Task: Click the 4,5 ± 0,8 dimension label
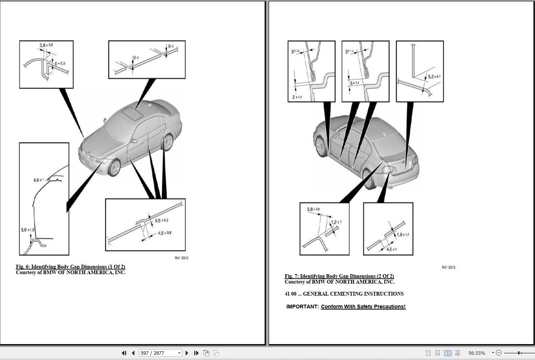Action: (x=165, y=233)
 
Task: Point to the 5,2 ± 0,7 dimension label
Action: (x=434, y=77)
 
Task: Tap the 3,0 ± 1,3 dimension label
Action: (x=27, y=230)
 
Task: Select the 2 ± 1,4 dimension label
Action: (x=297, y=97)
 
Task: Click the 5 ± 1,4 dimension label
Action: (x=354, y=83)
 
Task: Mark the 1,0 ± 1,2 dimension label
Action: (x=402, y=235)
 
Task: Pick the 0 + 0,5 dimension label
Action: (x=60, y=64)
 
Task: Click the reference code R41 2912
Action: (x=181, y=258)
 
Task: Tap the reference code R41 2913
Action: (x=448, y=267)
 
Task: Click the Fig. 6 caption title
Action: (x=70, y=267)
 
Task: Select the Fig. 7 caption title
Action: (x=339, y=276)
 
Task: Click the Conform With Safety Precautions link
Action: (x=363, y=307)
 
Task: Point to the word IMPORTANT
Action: (x=302, y=307)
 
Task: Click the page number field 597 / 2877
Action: (x=158, y=353)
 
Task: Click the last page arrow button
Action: (x=196, y=353)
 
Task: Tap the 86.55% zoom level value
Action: (x=477, y=353)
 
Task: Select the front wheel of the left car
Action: (x=114, y=168)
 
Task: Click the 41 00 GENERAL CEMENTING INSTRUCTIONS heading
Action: (x=344, y=294)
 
